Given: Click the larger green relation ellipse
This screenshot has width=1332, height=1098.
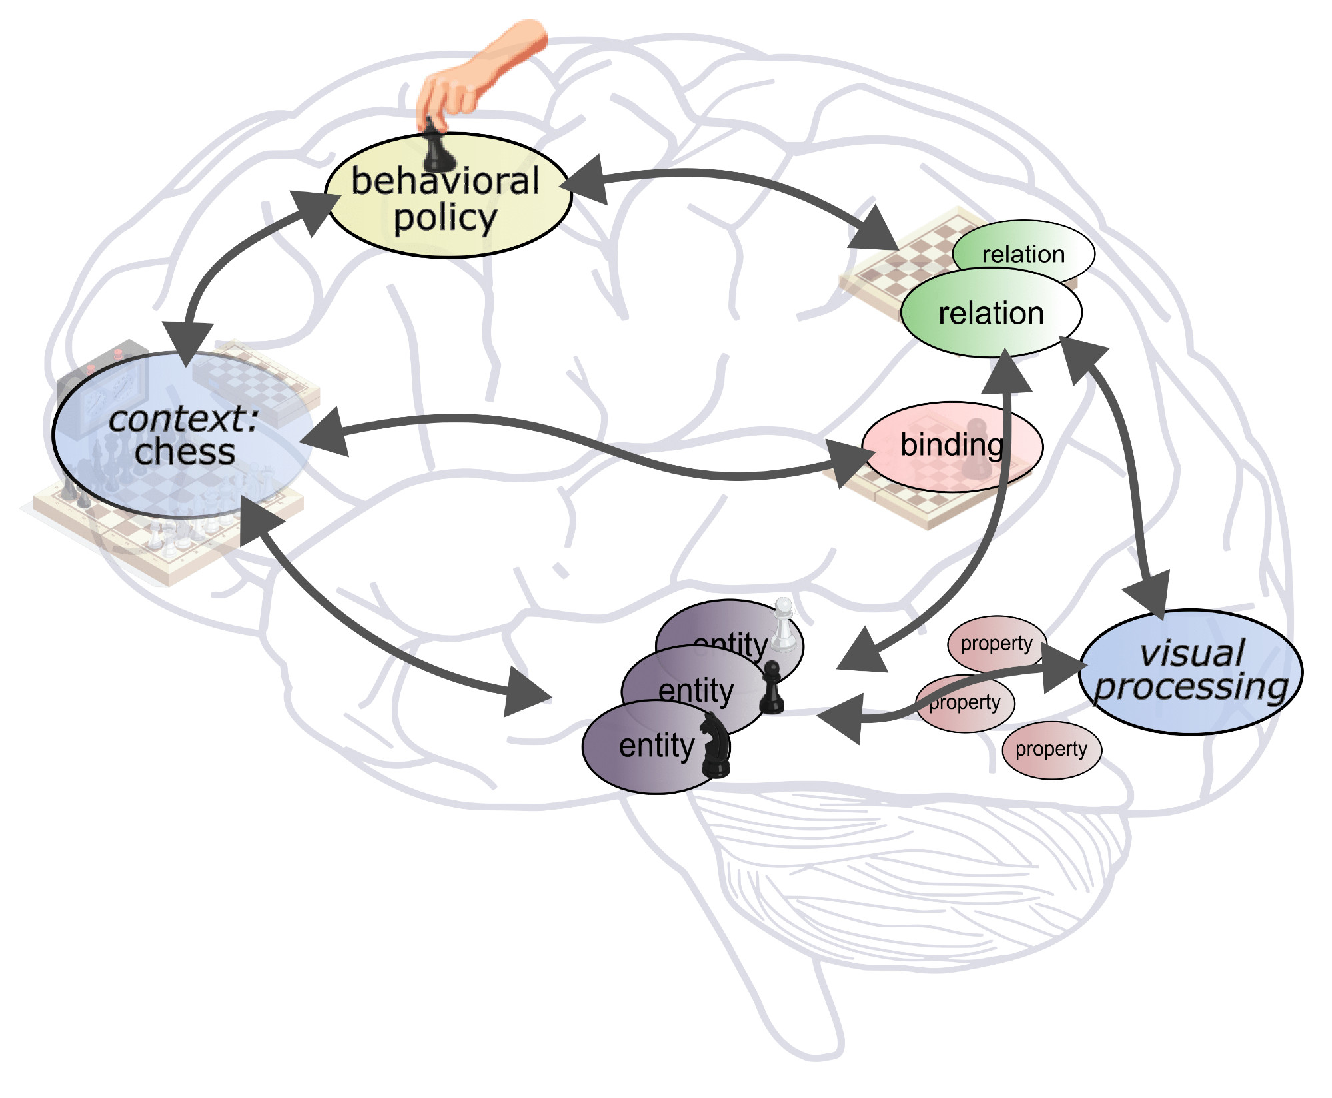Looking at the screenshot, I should (991, 313).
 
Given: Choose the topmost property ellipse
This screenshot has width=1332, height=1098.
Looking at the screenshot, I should (996, 643).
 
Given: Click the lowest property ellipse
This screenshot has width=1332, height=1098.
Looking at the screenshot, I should (1051, 750).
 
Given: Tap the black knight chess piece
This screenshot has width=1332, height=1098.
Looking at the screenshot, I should (715, 745).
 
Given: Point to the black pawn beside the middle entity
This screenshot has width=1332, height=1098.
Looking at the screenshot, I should (772, 688).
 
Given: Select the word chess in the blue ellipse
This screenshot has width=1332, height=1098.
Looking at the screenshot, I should (185, 453).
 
